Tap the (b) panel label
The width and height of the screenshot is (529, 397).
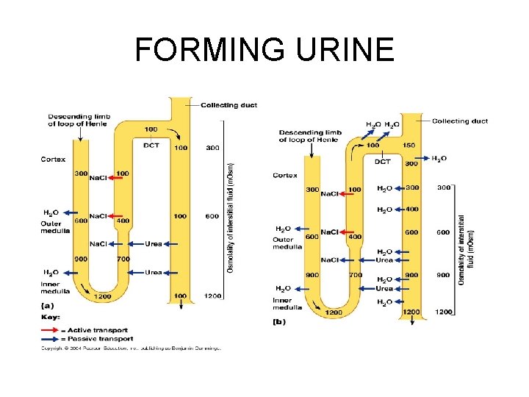[x=278, y=321]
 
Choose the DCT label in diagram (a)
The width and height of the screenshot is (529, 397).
[x=151, y=146]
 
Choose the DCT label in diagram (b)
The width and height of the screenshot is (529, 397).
[x=383, y=162]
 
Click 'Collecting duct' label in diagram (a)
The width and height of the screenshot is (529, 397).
[x=229, y=105]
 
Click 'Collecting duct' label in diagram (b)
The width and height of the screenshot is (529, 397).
[x=460, y=121]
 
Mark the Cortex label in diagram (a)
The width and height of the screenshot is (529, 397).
[x=53, y=159]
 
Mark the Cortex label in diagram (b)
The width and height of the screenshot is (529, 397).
[x=284, y=175]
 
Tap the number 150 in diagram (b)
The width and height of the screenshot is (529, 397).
[x=409, y=146]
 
